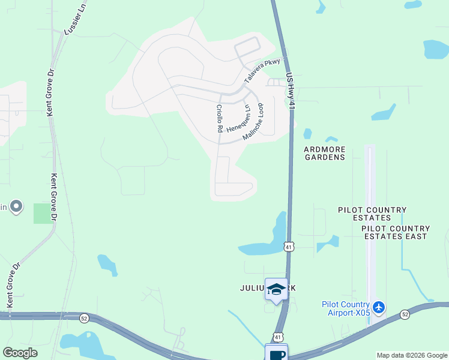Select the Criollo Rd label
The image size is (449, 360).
click(220, 119)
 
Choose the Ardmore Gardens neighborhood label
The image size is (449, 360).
click(324, 153)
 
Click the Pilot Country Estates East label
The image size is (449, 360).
click(395, 232)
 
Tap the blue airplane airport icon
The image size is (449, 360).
click(378, 308)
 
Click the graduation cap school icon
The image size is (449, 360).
click(276, 290)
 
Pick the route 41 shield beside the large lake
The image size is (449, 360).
click(289, 247)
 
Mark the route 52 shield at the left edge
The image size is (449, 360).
click(83, 318)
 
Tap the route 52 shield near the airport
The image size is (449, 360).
click(405, 314)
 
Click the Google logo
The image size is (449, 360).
click(20, 353)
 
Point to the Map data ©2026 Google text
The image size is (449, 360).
click(412, 355)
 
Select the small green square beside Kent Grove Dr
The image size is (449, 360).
click(43, 213)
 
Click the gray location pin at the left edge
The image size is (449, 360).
click(16, 207)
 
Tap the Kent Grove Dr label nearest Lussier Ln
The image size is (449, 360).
click(50, 93)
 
